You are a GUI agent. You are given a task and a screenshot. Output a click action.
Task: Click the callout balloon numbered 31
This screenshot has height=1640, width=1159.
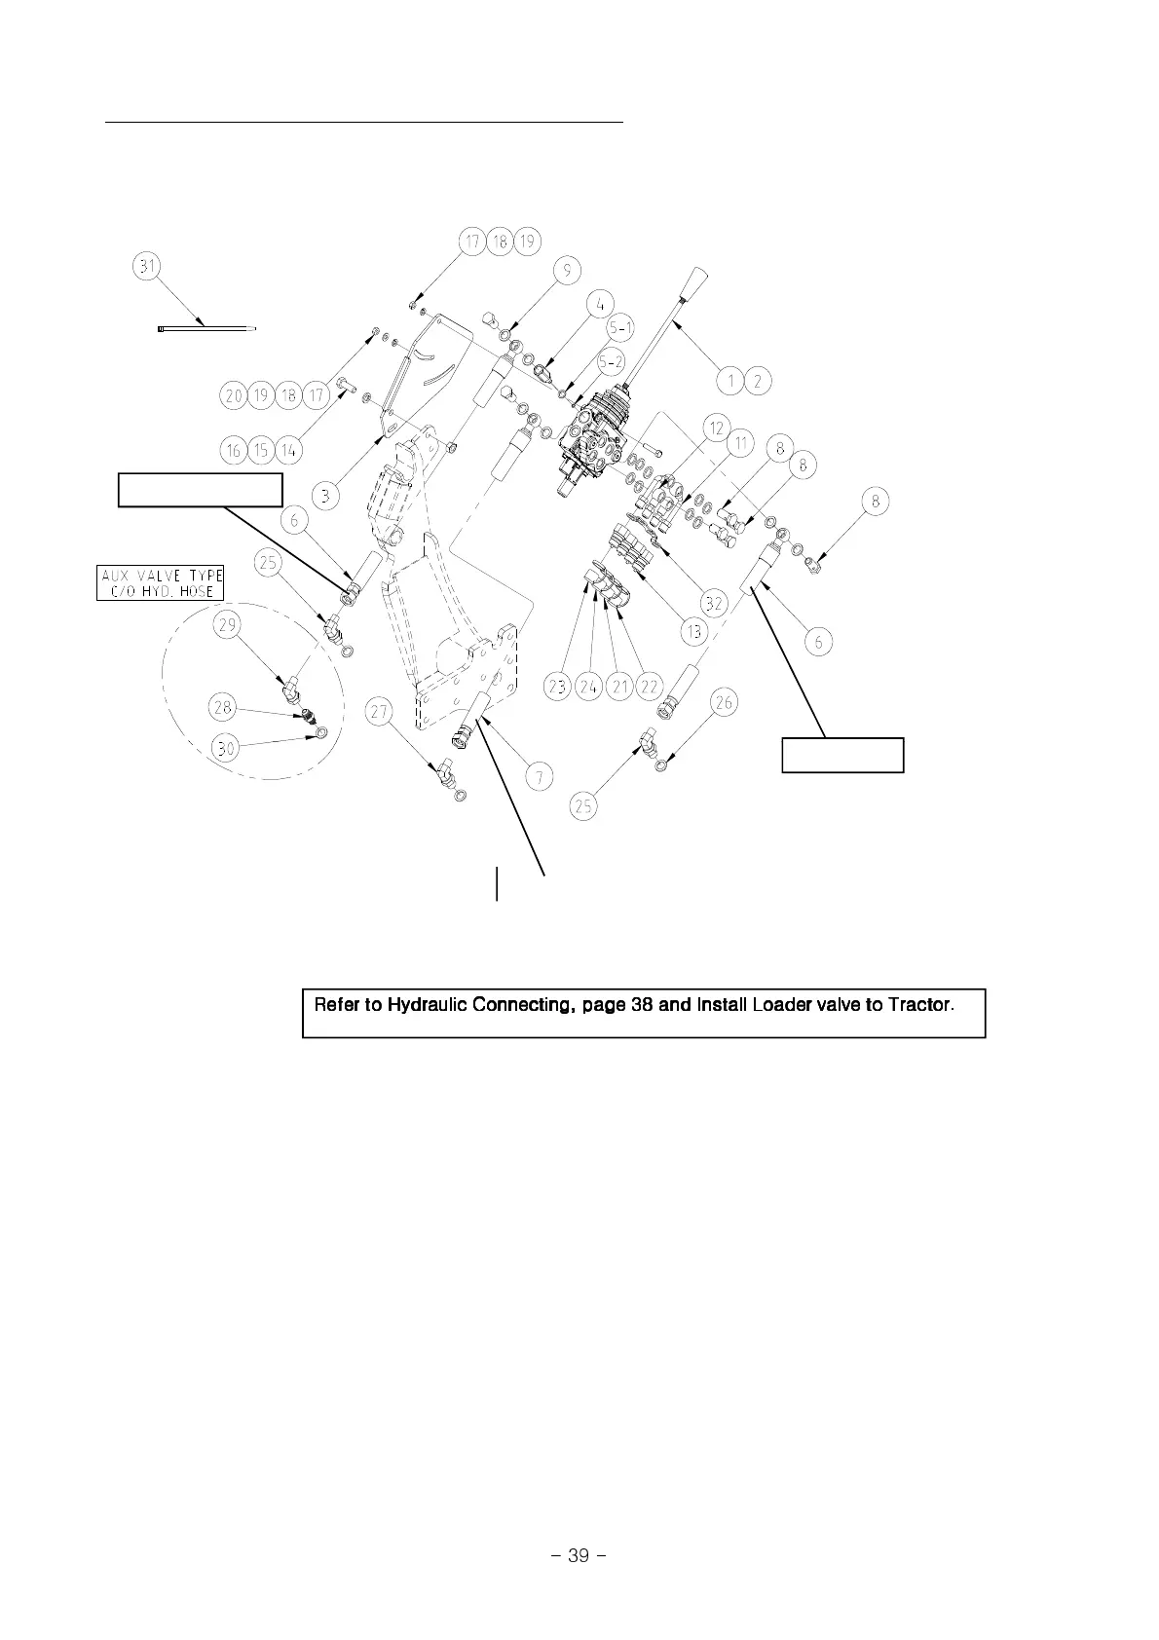coord(148,267)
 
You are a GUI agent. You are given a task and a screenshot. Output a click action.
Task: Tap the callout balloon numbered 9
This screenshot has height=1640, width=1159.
coord(567,271)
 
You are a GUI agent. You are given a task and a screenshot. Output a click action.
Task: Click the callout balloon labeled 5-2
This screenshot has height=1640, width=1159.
coord(612,362)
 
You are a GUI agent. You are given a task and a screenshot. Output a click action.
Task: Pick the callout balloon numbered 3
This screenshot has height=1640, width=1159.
coord(326,496)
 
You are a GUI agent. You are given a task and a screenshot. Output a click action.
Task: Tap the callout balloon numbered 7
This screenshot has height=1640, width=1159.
coord(539,776)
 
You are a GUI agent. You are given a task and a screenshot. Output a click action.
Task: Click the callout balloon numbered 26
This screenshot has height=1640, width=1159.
coord(725,702)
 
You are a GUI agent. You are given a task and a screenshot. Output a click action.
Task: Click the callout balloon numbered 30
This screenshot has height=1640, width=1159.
coord(225,748)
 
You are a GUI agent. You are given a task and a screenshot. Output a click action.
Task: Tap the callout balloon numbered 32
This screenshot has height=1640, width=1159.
coord(714,603)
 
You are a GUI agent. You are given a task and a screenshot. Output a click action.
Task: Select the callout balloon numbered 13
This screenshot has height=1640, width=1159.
coord(694,632)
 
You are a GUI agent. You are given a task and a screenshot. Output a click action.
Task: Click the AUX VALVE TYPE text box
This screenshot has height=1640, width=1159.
coord(161,582)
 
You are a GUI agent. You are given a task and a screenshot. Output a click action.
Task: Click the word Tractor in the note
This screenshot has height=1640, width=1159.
coord(918,1003)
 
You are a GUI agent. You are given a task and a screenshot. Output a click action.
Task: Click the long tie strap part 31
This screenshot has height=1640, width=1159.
coord(206,329)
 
